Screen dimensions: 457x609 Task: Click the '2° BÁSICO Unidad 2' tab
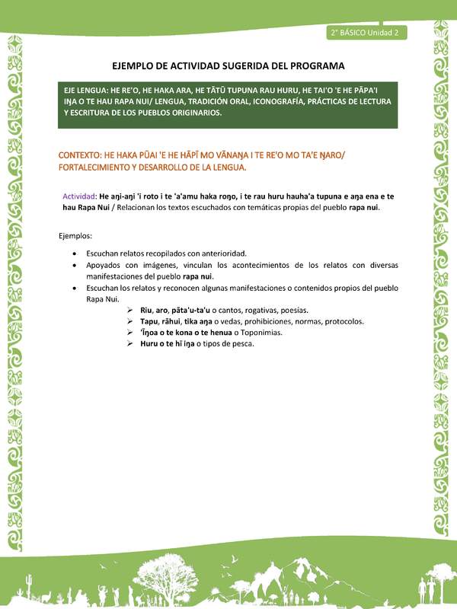pos(367,32)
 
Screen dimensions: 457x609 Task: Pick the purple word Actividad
pos(80,196)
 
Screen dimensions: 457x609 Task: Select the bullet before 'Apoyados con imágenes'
pos(73,265)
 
